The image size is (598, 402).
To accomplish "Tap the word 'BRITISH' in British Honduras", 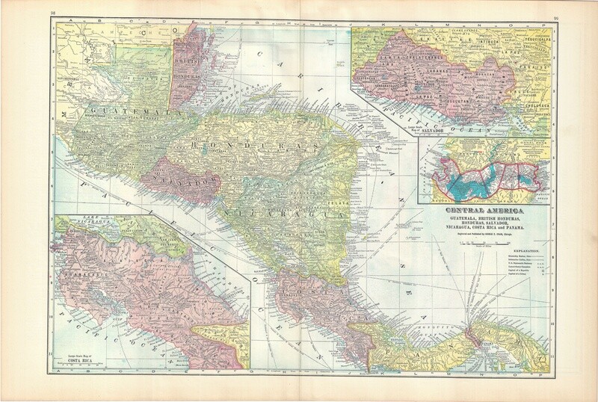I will [x=188, y=60].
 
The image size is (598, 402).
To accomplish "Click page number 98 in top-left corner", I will [x=49, y=13].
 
